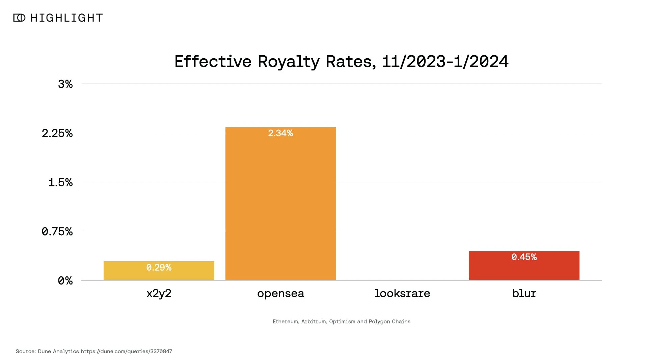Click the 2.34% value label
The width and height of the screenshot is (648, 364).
[x=280, y=133]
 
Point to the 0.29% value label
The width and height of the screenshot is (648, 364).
[x=159, y=268]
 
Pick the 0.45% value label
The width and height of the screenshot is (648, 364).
[x=524, y=257]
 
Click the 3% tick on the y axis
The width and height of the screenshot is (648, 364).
[x=65, y=84]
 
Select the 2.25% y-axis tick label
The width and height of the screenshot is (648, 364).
[x=57, y=133]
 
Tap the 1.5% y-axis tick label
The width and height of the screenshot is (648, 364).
[x=60, y=183]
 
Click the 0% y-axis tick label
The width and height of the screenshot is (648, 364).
[x=65, y=281]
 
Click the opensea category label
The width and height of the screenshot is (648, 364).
[x=280, y=294]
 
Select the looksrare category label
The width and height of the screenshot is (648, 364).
[x=402, y=293]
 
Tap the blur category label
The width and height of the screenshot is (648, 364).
[x=524, y=293]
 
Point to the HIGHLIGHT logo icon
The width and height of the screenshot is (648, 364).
[x=19, y=18]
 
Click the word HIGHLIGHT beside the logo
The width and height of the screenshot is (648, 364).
[x=66, y=18]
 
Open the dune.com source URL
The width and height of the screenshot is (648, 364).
[x=126, y=352]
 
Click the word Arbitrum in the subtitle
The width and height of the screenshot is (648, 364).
[x=314, y=322]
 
